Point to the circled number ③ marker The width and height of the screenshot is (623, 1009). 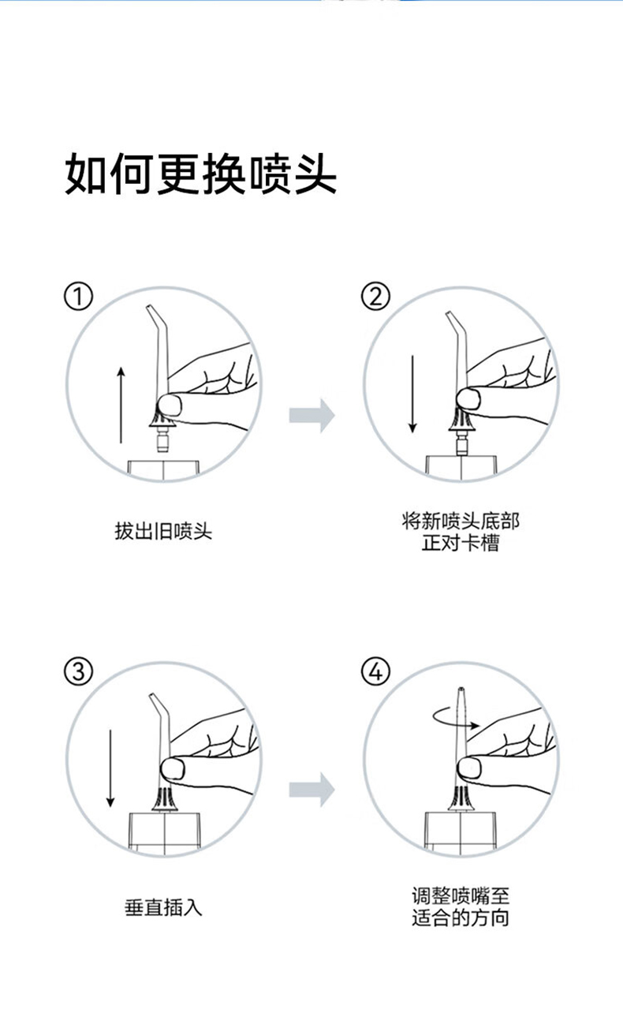coord(78,671)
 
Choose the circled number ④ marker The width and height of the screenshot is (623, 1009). coord(375,671)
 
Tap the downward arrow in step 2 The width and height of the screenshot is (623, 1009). coord(411,394)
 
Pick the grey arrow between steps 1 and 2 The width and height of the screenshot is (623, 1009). coord(311,415)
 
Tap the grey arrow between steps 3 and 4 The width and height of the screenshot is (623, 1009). coord(311,789)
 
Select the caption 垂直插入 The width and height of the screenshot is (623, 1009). coord(164,907)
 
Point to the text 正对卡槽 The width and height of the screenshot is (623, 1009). coord(461,544)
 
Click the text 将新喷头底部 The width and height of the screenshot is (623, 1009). coord(461,521)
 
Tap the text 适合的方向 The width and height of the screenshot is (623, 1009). coord(461,918)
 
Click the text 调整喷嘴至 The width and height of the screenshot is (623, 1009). coord(461,896)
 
